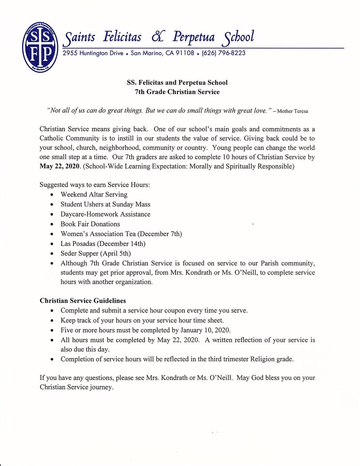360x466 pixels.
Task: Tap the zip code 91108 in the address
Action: pos(185,53)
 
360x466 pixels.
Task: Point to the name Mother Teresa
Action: pos(293,111)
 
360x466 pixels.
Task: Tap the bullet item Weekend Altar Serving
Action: pos(94,195)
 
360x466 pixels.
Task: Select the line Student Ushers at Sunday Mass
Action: pos(105,204)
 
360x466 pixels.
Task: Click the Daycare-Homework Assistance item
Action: pos(105,214)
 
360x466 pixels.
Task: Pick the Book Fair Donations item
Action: pos(90,224)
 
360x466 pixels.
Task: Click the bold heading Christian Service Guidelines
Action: pos(83,301)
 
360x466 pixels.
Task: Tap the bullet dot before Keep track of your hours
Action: pos(52,321)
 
